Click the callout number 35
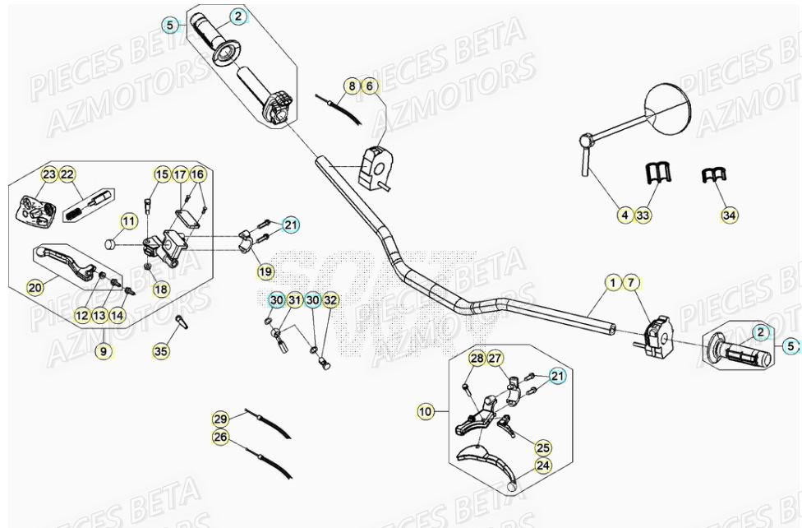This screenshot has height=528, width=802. (161, 351)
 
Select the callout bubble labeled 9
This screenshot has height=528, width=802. (104, 351)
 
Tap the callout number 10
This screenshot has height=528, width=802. (425, 410)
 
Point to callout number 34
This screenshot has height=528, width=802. (729, 215)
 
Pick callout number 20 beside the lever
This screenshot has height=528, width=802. (35, 287)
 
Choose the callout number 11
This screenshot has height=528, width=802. (128, 221)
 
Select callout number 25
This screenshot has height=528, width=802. (543, 447)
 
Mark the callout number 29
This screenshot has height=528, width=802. (219, 419)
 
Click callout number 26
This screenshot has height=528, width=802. (219, 438)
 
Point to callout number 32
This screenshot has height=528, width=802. (330, 301)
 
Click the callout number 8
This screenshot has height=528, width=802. (352, 86)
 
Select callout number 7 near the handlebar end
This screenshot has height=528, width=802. (630, 284)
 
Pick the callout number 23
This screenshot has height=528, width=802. (49, 174)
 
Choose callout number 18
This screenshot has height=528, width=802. (161, 289)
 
